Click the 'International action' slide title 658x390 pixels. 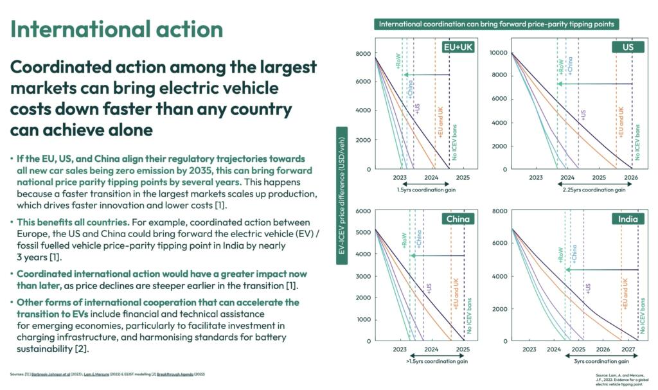coord(117,29)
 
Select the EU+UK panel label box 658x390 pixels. coord(459,47)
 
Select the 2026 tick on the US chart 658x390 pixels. coord(631,177)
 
